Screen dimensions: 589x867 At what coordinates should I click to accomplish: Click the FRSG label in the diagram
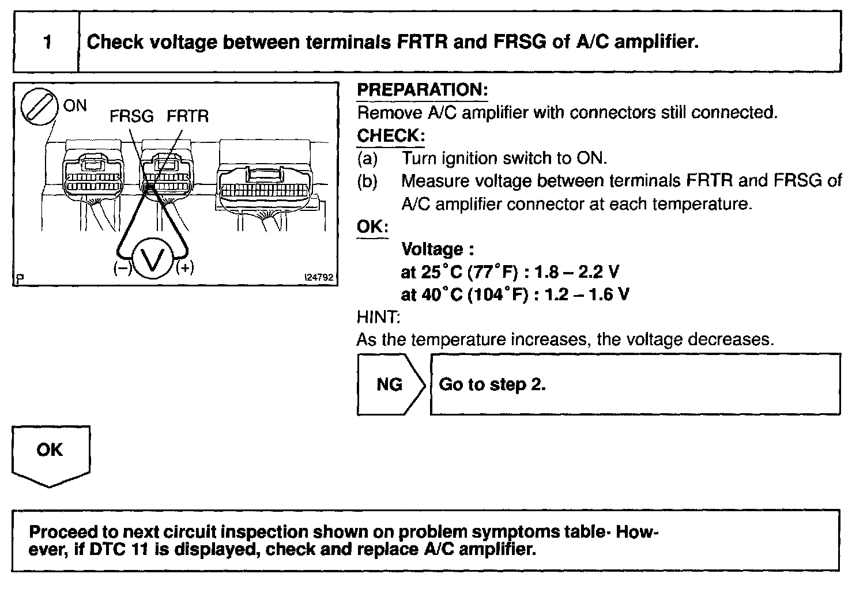131,116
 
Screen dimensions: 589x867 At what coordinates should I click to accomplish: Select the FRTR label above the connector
187,116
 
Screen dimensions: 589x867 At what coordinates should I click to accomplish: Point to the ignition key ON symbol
39,108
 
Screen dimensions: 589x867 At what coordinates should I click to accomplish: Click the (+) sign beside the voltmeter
184,268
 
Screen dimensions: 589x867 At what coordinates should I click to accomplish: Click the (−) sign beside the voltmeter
122,268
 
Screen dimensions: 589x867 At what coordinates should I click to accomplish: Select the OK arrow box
50,452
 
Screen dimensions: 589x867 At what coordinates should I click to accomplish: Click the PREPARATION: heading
423,90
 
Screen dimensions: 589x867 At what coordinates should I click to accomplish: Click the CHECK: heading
391,135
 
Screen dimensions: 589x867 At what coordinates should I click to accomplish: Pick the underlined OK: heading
372,226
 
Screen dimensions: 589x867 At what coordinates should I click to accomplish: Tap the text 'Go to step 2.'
492,384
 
